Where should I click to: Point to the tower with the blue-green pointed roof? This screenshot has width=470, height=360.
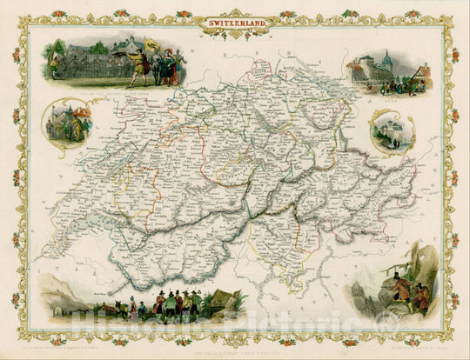tap(386, 59)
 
